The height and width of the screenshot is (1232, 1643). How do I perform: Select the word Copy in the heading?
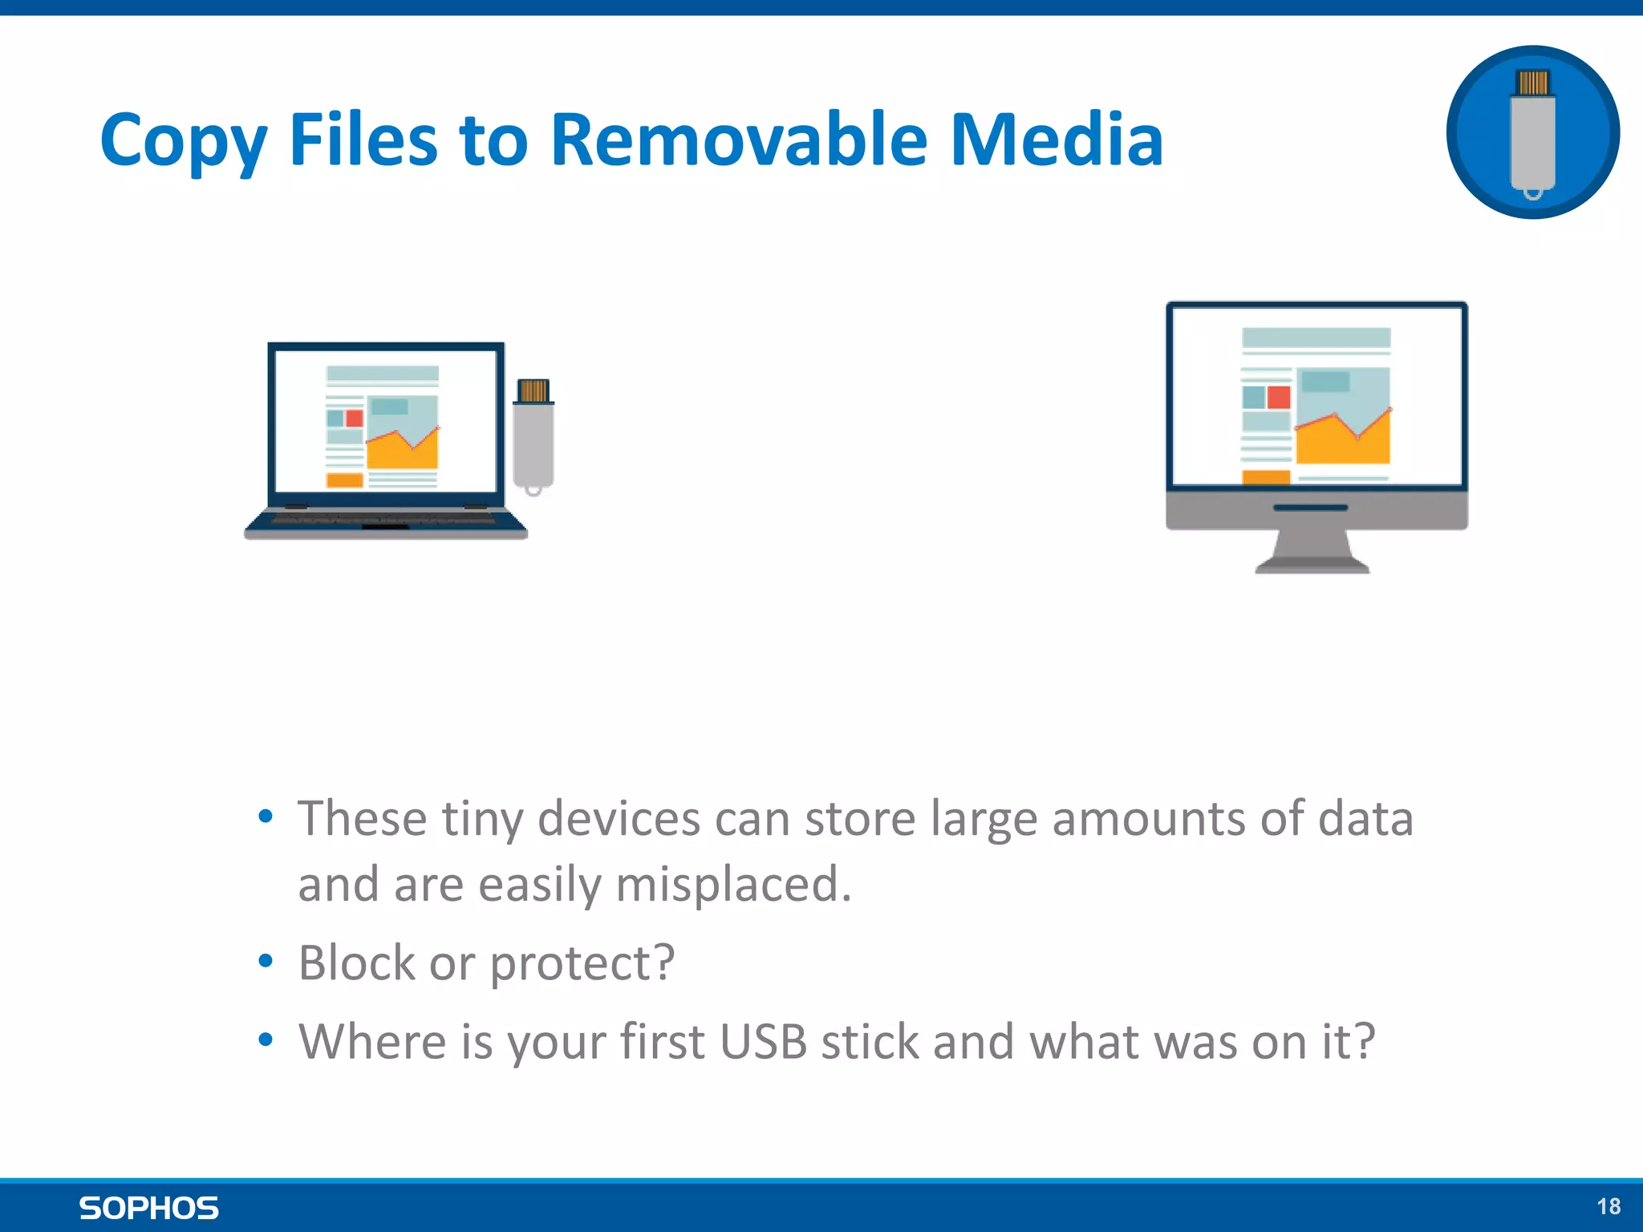coord(182,142)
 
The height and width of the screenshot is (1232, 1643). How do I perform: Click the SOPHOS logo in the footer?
coord(148,1208)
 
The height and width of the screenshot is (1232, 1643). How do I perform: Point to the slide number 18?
coord(1608,1206)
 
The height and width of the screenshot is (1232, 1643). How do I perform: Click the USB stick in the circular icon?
coord(1532,133)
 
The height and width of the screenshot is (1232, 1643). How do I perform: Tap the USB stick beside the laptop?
coord(533,436)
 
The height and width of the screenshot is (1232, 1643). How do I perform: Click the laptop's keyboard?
coord(385,521)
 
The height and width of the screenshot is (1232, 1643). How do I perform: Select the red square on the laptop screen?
coord(354,418)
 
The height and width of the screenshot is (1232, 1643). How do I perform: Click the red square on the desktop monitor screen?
coord(1279,397)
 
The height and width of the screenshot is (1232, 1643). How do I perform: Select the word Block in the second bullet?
coord(356,962)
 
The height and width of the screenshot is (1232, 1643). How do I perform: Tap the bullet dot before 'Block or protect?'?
coord(266,961)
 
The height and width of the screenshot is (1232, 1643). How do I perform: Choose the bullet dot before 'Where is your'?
coord(266,1039)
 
